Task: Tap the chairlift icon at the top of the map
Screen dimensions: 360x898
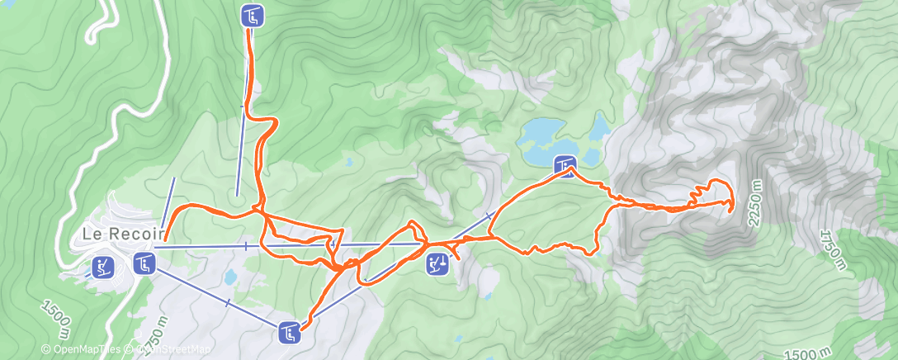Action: coord(253,15)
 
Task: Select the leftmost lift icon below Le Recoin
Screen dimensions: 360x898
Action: coord(102,267)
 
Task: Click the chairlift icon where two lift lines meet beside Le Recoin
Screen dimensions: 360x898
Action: coord(144,264)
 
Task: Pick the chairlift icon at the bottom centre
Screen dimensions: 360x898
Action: coord(289,332)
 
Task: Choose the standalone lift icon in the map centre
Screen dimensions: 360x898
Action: coord(437,264)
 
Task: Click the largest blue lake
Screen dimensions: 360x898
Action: coord(541,140)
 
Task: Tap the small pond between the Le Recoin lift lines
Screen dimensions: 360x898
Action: coord(231,277)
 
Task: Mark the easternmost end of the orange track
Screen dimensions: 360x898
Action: coord(733,211)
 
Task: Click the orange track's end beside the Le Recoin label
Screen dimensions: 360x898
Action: coord(166,239)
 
